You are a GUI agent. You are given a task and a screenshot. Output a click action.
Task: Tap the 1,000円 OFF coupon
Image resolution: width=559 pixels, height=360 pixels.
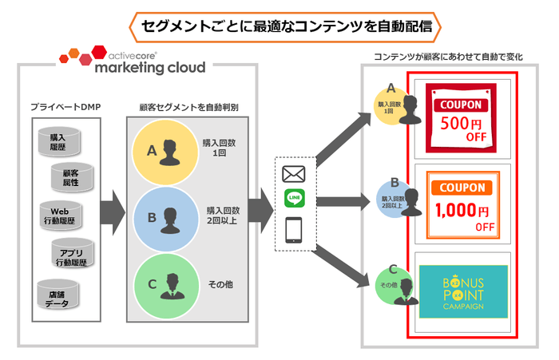462,203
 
